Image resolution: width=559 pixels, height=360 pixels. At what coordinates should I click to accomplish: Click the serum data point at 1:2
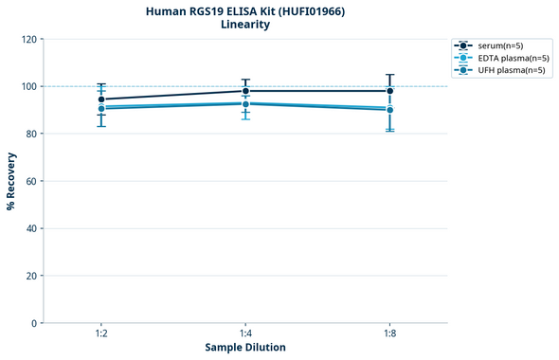point(101,99)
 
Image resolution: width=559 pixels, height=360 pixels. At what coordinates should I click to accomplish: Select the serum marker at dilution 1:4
point(245,91)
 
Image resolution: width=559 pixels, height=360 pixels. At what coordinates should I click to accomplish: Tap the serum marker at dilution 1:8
point(389,91)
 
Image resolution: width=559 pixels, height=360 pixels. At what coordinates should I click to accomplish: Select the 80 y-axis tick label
point(30,134)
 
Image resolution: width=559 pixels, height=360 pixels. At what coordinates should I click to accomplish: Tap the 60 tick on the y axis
point(30,181)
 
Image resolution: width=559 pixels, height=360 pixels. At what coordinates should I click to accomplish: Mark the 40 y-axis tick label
point(30,228)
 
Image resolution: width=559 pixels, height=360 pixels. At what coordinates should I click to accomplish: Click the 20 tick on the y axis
point(30,276)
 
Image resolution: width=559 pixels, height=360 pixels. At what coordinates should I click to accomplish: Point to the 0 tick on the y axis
point(33,323)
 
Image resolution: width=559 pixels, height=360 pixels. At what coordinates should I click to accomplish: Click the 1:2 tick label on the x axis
point(101,334)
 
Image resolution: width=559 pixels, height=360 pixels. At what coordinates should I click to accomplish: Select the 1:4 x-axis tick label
point(245,334)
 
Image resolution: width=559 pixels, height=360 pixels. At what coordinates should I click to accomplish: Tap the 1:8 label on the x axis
point(389,334)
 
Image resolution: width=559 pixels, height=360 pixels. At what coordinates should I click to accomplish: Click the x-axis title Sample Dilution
point(245,348)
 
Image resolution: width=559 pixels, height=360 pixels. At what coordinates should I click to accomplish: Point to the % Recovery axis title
point(11,181)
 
